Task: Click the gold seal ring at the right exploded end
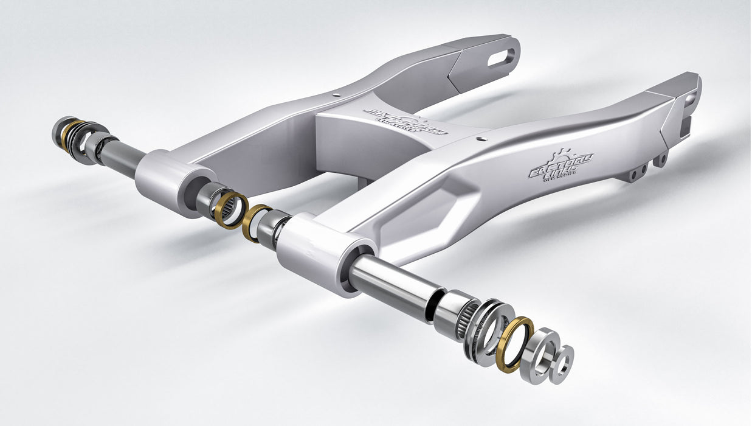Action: (x=514, y=344)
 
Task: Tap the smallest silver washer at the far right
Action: (x=564, y=365)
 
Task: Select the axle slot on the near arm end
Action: (x=690, y=99)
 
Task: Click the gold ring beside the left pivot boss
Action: (x=230, y=210)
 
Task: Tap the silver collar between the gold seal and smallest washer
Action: (x=540, y=355)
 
